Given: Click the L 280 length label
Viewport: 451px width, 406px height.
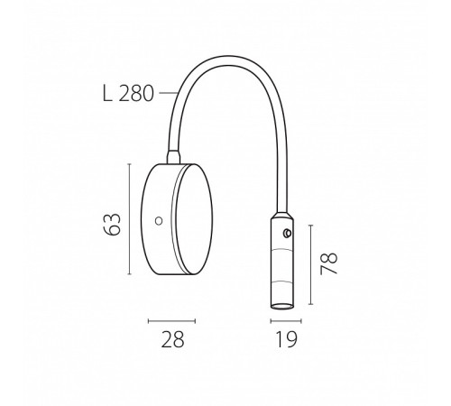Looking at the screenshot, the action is [x=128, y=94].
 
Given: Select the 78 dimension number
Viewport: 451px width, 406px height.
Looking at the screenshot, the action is [x=328, y=263].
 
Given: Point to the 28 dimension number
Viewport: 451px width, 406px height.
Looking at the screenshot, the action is [x=172, y=339].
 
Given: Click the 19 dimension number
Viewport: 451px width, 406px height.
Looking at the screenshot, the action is [x=286, y=339].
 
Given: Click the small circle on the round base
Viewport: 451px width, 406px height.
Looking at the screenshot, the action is [x=159, y=221].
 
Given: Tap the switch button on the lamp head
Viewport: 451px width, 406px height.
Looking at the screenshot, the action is [x=288, y=233].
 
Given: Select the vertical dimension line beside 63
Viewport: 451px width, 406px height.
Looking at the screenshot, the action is [x=130, y=219].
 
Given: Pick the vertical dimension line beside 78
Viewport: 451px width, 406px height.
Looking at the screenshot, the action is [x=311, y=264].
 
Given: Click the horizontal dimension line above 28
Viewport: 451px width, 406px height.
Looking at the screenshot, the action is [x=171, y=321].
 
